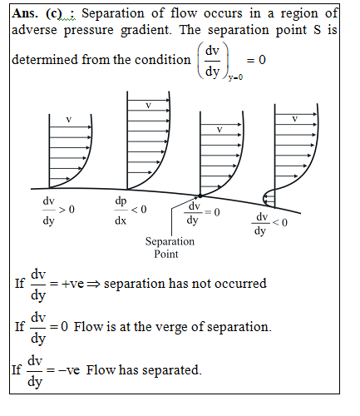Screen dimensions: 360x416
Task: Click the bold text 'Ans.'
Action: click(x=25, y=13)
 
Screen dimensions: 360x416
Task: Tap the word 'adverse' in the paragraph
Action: click(x=34, y=30)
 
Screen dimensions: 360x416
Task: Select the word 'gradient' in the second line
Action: click(x=146, y=31)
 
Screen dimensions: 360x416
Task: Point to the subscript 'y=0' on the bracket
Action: click(x=235, y=77)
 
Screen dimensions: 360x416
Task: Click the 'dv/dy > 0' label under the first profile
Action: click(x=58, y=211)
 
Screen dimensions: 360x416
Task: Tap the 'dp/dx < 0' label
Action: click(x=131, y=210)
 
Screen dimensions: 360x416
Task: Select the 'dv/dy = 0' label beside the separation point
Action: click(x=202, y=213)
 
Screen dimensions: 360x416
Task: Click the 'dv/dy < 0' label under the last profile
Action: click(x=269, y=223)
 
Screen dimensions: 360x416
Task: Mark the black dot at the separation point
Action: click(x=200, y=196)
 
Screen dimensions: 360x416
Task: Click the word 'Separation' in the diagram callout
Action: click(x=170, y=241)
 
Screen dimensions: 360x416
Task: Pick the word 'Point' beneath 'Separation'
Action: click(x=166, y=254)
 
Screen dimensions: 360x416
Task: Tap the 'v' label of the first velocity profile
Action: click(x=69, y=120)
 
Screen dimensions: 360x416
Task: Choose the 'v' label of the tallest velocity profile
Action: click(x=148, y=106)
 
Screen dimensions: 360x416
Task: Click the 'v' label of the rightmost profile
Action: click(x=294, y=119)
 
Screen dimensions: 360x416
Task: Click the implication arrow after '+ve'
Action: click(x=93, y=285)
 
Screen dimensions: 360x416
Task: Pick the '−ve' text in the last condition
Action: click(x=69, y=370)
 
